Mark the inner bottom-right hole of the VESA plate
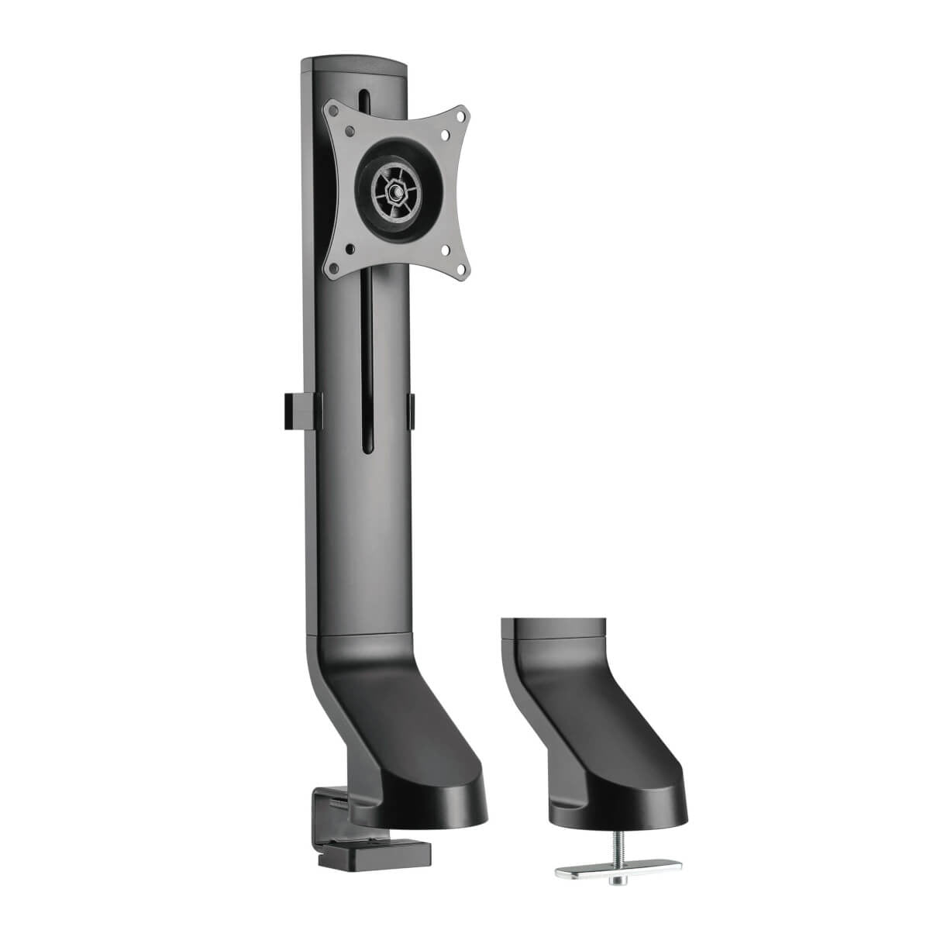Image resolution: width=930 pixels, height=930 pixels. [446, 250]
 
